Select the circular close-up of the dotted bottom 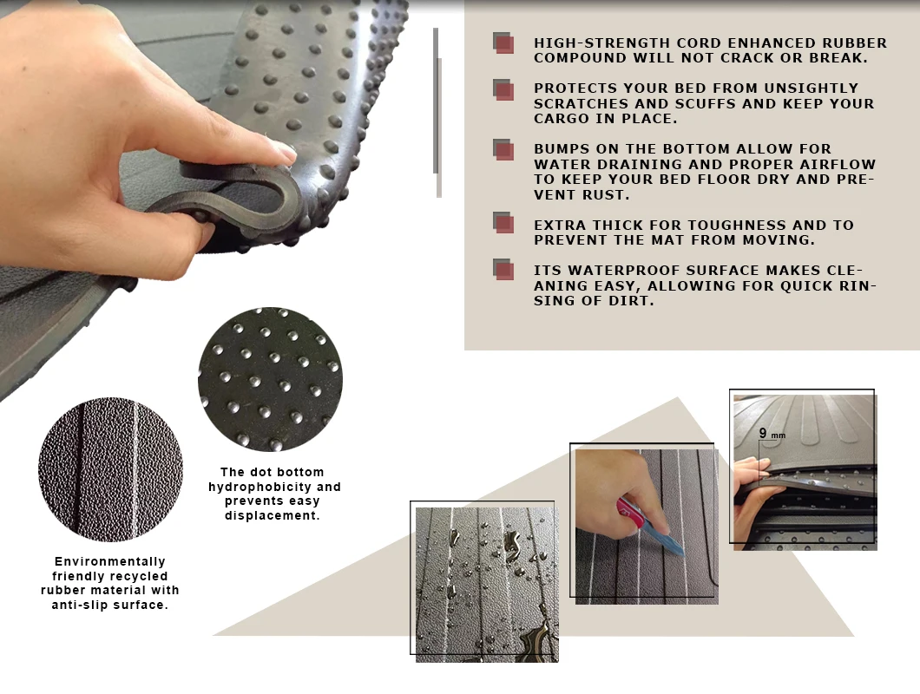[270, 379]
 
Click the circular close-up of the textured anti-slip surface [110, 469]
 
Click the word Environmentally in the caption [109, 561]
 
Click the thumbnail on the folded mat [287, 151]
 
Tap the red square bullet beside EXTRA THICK [503, 222]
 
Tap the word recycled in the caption [140, 576]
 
